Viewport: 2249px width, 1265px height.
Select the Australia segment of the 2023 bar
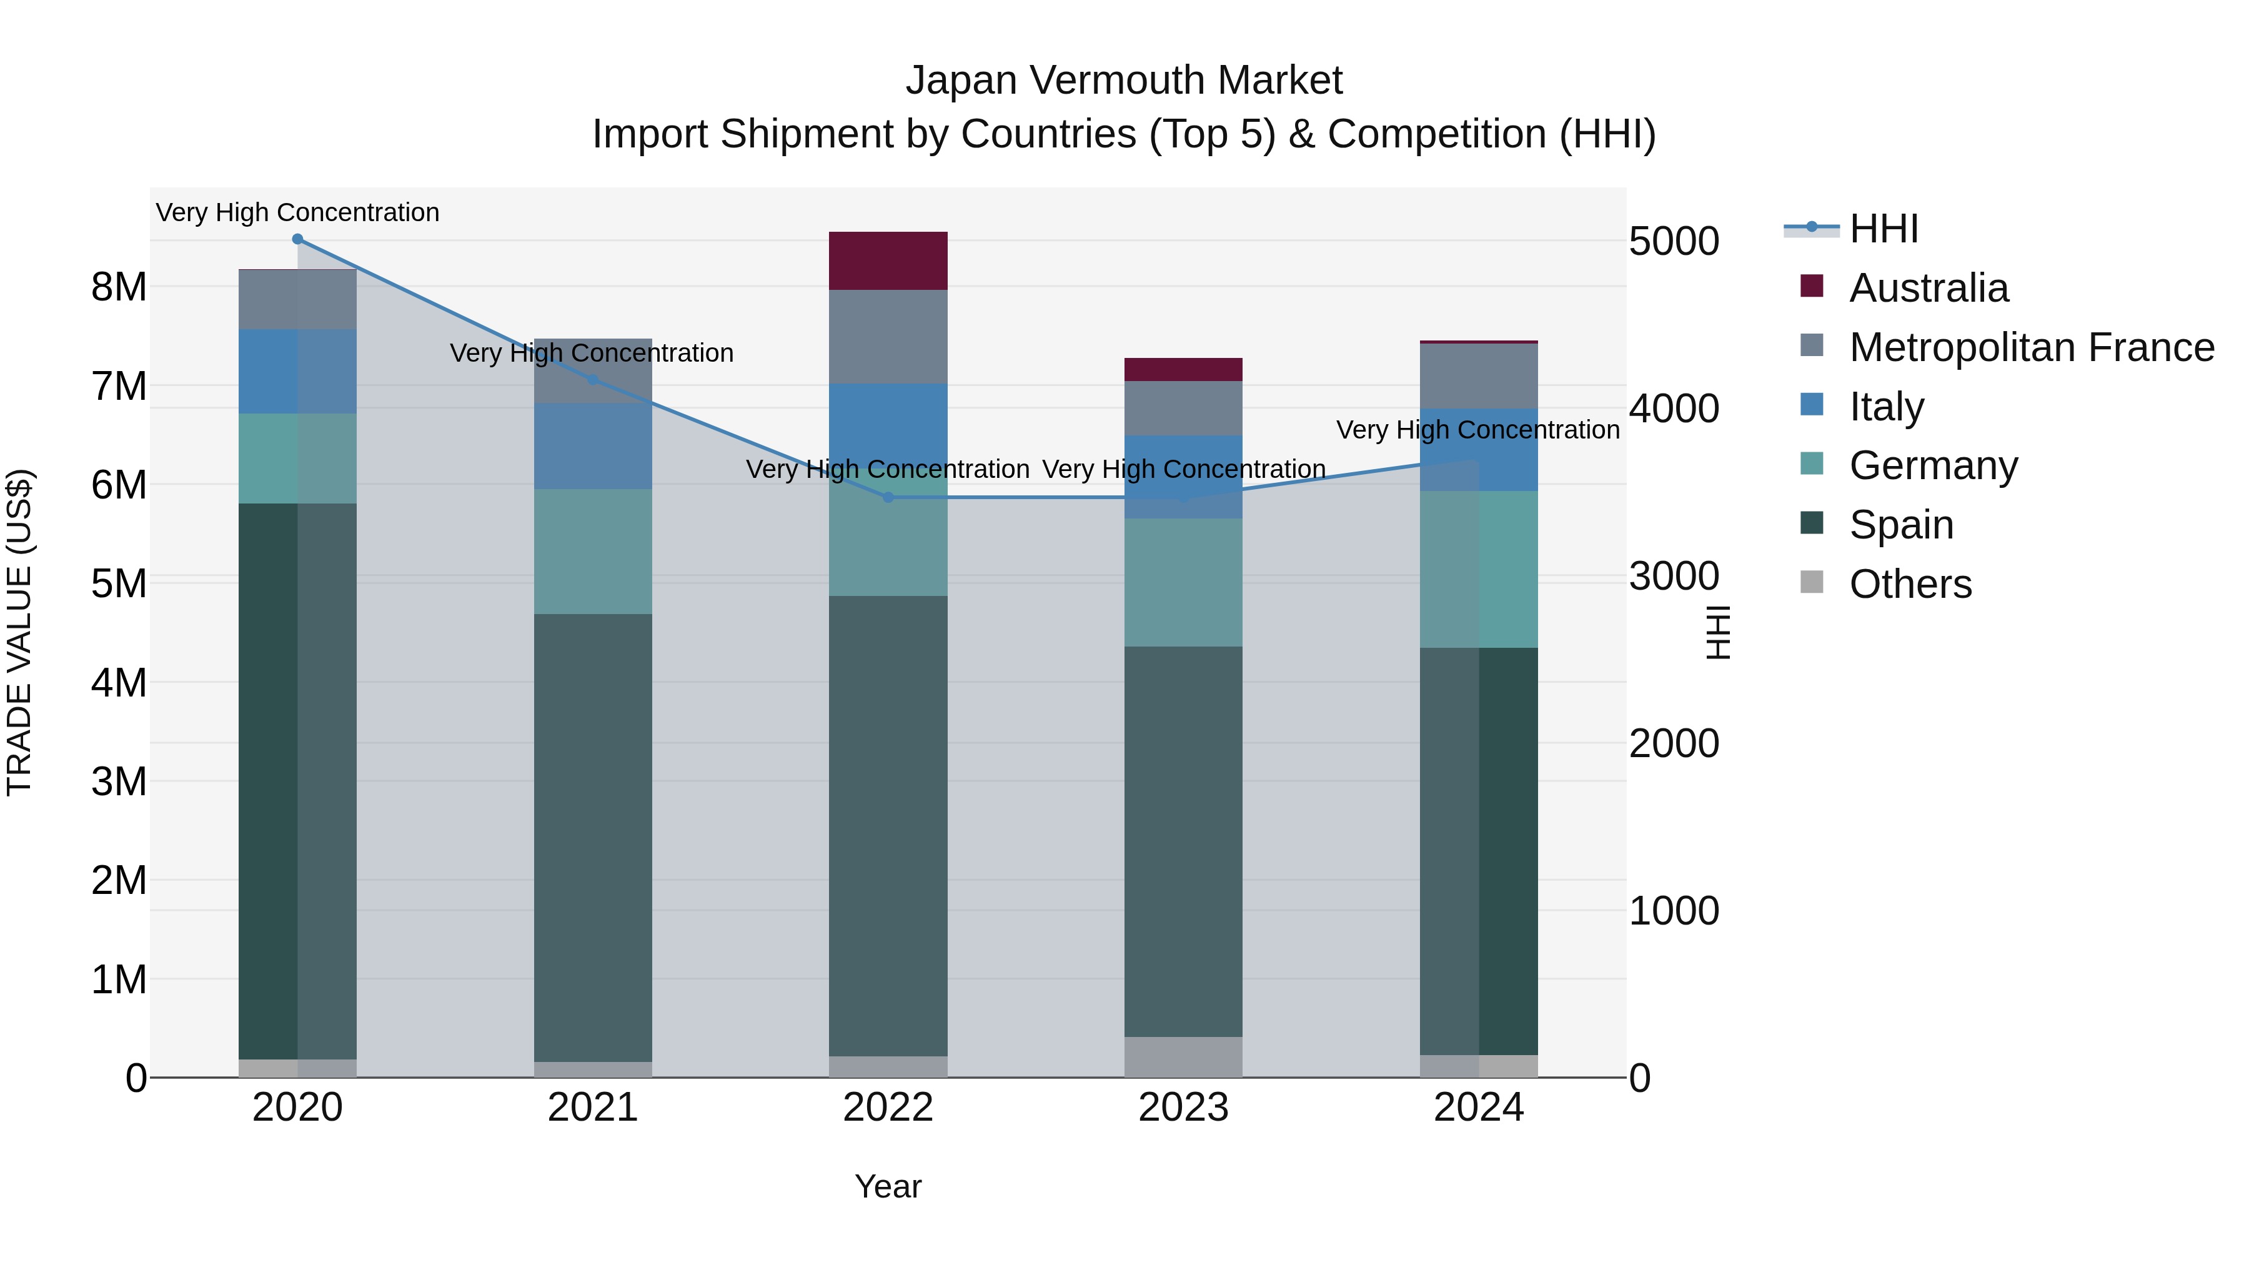pyautogui.click(x=1183, y=369)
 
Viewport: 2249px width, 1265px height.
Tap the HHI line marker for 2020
pyautogui.click(x=298, y=239)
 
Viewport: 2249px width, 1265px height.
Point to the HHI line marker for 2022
pyautogui.click(x=888, y=498)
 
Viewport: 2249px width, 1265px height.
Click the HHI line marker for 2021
pyautogui.click(x=593, y=380)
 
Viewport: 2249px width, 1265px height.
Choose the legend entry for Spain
pyautogui.click(x=1900, y=525)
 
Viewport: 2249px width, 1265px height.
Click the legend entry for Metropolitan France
pyautogui.click(x=2031, y=347)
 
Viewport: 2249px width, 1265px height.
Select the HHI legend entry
pyautogui.click(x=1883, y=229)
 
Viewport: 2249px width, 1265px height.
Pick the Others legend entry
pyautogui.click(x=1909, y=584)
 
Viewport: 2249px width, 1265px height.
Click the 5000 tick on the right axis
pyautogui.click(x=1674, y=241)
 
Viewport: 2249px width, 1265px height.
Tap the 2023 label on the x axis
pyautogui.click(x=1183, y=1108)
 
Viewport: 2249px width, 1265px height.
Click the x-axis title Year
pyautogui.click(x=888, y=1186)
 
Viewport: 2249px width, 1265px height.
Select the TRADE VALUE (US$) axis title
pyautogui.click(x=20, y=632)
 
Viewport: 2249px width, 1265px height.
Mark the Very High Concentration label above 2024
pyautogui.click(x=1477, y=430)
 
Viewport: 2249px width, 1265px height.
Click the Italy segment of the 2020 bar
pyautogui.click(x=298, y=371)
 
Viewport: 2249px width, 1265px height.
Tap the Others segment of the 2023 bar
pyautogui.click(x=1183, y=1056)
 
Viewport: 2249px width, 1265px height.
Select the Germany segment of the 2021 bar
pyautogui.click(x=593, y=551)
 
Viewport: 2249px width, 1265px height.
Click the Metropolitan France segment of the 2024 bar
pyautogui.click(x=1478, y=375)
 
